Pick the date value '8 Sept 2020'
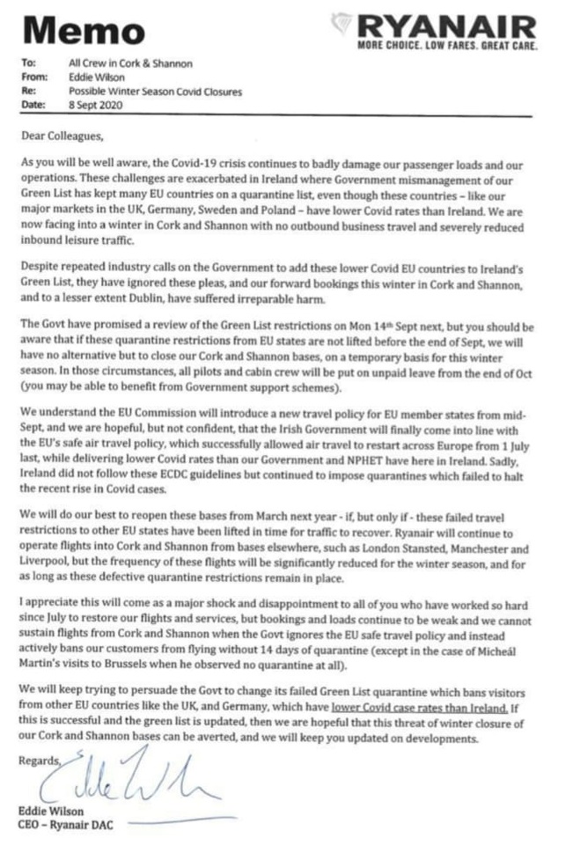point(97,104)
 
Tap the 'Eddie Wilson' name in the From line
point(96,77)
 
